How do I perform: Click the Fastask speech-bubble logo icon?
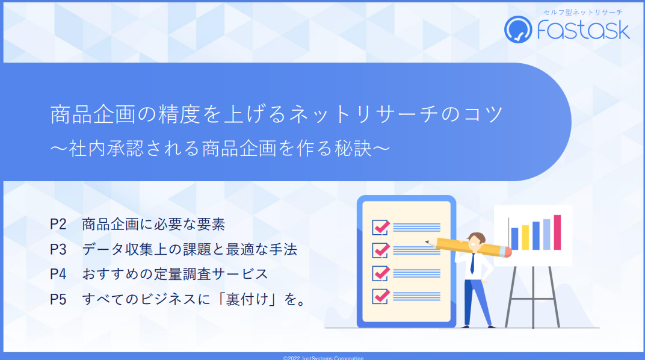(x=518, y=29)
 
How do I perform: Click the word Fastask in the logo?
(x=583, y=29)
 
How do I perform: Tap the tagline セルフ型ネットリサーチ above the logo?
(x=583, y=13)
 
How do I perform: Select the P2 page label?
(x=58, y=224)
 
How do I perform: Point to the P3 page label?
(x=58, y=249)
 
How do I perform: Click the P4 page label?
(x=58, y=274)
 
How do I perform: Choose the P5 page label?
(x=58, y=299)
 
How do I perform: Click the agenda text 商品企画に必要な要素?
(x=153, y=224)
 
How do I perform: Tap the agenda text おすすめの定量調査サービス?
(x=175, y=274)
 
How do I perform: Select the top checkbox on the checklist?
(x=381, y=227)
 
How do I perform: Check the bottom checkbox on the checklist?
(x=381, y=296)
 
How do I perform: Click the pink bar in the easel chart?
(x=557, y=232)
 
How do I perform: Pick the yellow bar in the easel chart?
(x=525, y=237)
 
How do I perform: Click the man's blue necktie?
(x=473, y=263)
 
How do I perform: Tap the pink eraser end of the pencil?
(x=508, y=252)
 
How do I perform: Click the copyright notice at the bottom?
(x=323, y=358)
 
